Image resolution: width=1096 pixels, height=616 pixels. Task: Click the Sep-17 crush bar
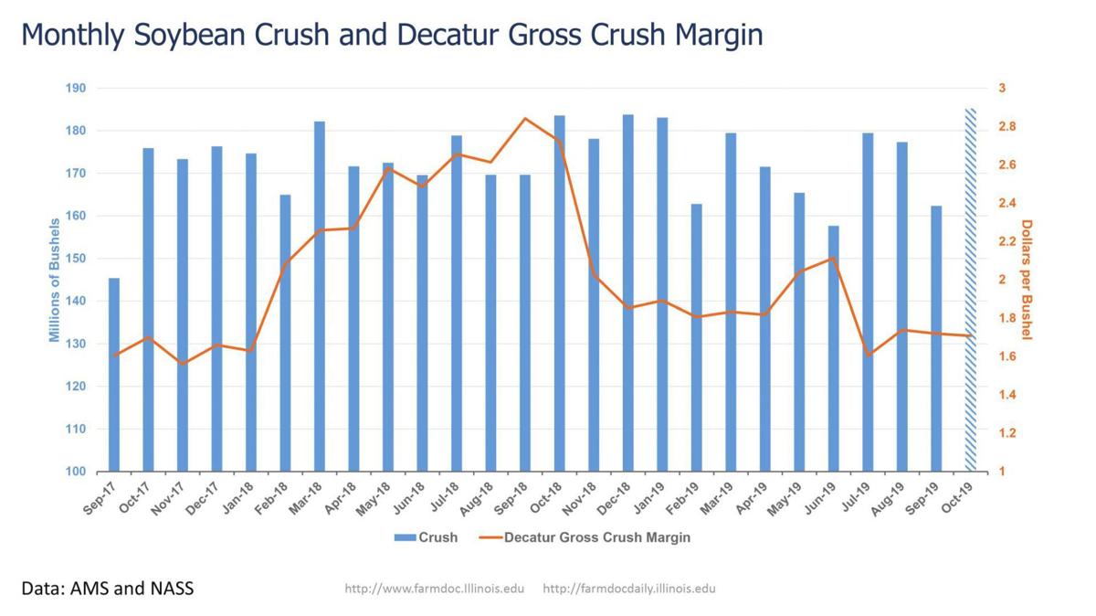tap(114, 375)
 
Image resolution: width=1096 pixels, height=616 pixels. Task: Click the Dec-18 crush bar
tap(627, 292)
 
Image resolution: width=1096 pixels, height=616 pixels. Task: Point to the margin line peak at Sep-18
tap(525, 118)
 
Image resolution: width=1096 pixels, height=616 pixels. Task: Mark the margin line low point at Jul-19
tap(868, 355)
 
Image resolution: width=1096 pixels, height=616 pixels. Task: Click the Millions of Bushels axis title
tap(55, 280)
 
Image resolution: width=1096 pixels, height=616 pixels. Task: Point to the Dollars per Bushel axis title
tap(1026, 280)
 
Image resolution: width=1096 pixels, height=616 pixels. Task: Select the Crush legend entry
tap(426, 537)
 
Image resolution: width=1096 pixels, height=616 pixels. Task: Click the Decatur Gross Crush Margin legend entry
tap(585, 537)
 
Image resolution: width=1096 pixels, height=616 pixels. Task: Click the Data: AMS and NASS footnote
tap(108, 588)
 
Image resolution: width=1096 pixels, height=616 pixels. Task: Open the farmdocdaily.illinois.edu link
tap(628, 589)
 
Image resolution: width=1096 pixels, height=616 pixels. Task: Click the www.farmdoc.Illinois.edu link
tap(434, 589)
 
